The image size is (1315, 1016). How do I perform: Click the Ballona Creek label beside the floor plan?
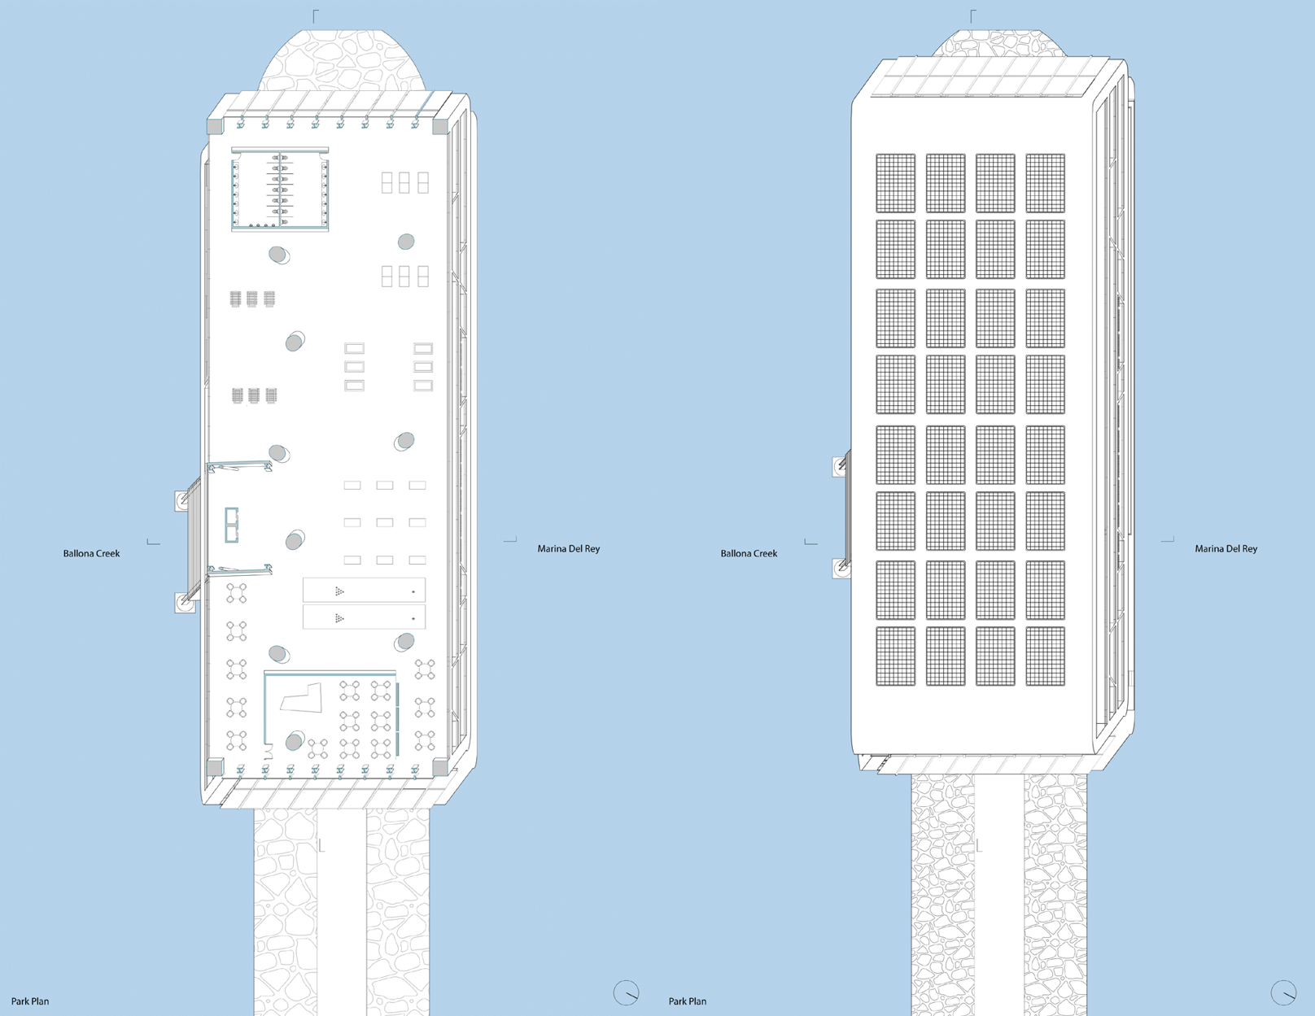pos(91,553)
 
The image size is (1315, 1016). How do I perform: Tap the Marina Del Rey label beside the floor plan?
pos(568,549)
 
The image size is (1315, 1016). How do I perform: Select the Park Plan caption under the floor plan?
pos(30,1001)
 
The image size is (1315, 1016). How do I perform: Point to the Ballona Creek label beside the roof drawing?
pos(749,553)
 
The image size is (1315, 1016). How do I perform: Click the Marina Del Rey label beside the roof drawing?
pos(1225,549)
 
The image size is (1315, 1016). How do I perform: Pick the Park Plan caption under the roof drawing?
pos(688,1001)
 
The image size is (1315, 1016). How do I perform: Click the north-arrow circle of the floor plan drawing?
pos(626,992)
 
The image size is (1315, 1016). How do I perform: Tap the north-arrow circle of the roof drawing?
pos(1283,992)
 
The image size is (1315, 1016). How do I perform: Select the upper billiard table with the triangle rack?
pos(364,591)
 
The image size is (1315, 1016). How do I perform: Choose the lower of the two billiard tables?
pos(364,617)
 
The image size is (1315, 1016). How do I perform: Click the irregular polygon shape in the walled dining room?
pos(301,698)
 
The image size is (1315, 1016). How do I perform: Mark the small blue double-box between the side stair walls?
pos(232,525)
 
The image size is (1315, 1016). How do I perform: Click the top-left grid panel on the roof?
pos(895,183)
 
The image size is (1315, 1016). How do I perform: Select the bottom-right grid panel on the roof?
pos(1045,656)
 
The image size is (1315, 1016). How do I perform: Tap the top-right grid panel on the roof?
pos(1045,183)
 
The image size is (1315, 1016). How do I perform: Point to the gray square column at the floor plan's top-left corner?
pos(215,126)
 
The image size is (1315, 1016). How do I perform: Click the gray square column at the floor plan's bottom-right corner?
pos(440,767)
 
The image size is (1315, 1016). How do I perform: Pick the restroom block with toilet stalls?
pos(280,190)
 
